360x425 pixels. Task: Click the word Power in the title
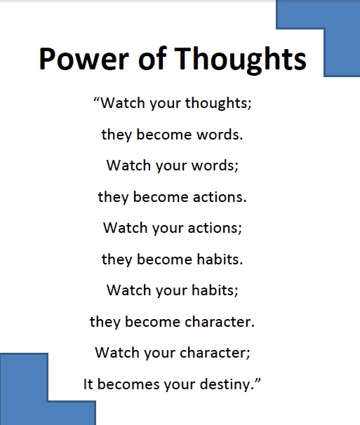point(84,58)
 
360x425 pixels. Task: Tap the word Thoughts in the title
point(241,60)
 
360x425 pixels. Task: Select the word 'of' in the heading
point(152,58)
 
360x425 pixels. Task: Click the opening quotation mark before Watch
point(97,99)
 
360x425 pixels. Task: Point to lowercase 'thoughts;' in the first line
point(218,103)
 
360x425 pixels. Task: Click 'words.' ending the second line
point(219,135)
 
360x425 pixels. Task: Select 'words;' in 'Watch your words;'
point(215,166)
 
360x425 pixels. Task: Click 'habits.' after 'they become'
point(220,259)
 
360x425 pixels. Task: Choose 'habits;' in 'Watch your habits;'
point(215,290)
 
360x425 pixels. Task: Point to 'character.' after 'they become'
point(220,322)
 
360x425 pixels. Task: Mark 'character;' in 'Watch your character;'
point(215,353)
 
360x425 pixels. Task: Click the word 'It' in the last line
point(88,384)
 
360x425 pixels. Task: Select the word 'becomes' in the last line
point(128,384)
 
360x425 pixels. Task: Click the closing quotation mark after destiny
point(257,381)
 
